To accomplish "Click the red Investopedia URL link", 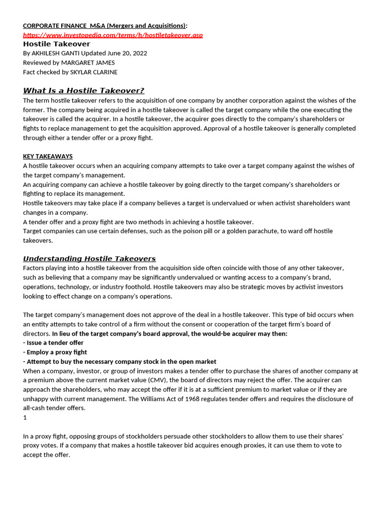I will click(x=113, y=35).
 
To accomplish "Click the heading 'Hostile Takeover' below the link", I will click(x=57, y=44).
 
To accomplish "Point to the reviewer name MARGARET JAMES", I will click(x=88, y=63).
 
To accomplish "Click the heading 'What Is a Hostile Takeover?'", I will click(x=84, y=90).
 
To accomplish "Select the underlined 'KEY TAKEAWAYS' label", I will click(x=48, y=156).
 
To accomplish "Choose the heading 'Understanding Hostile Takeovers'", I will click(x=90, y=258).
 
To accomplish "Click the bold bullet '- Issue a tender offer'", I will click(x=53, y=343).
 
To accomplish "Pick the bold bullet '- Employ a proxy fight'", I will click(x=55, y=352).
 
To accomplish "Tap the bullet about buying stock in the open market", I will click(x=119, y=361).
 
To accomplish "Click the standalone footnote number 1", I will click(x=25, y=418).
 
